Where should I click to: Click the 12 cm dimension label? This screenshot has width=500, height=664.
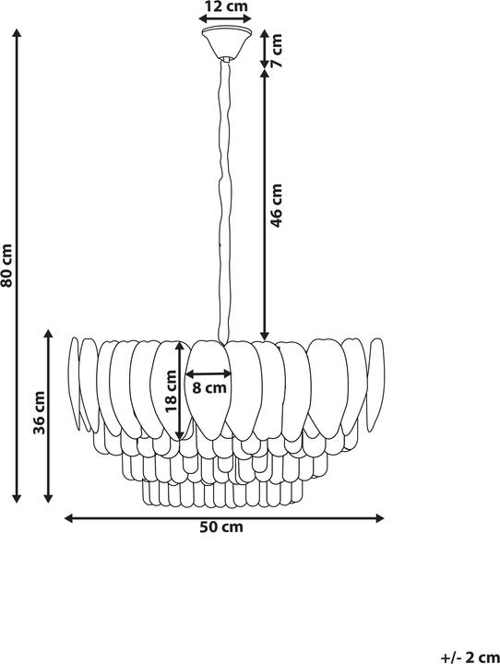click(224, 6)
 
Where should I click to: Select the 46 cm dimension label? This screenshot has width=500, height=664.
click(277, 205)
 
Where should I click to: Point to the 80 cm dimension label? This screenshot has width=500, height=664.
click(7, 265)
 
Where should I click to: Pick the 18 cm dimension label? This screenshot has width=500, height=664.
click(170, 387)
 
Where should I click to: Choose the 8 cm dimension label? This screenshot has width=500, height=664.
click(209, 388)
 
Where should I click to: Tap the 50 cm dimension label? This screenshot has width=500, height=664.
click(221, 528)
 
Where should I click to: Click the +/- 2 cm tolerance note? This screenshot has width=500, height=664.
click(470, 656)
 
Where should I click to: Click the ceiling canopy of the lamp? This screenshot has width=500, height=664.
click(224, 43)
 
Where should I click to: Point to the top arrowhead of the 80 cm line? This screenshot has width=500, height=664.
click(16, 32)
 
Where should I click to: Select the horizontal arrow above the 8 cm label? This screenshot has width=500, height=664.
click(209, 374)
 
